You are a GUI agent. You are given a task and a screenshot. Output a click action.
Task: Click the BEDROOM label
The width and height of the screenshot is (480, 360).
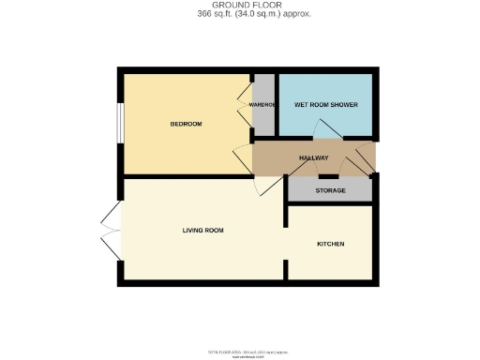[187, 125]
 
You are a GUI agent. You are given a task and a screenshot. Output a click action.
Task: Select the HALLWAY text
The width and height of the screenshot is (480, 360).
[313, 157]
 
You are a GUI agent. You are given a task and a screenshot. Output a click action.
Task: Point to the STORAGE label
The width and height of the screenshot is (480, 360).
[330, 191]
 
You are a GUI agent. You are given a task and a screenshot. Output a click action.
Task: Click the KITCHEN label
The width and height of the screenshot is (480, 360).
[330, 244]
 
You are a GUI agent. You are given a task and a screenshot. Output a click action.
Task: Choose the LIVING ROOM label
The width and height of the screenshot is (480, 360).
[202, 230]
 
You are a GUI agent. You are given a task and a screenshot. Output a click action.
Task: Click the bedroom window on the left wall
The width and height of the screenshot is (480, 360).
[119, 122]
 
